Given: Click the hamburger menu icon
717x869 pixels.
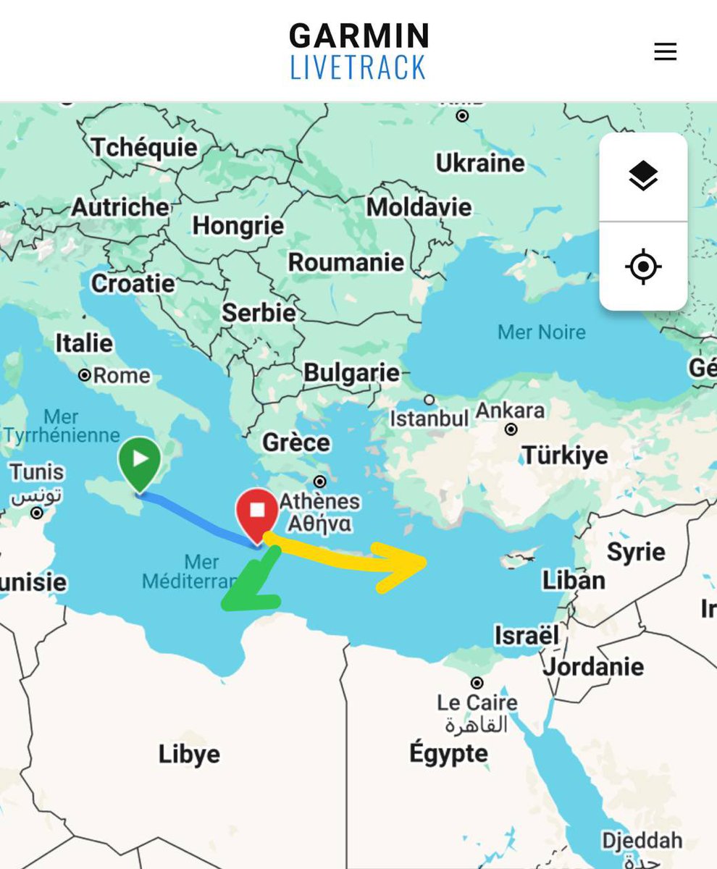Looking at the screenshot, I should pyautogui.click(x=665, y=51).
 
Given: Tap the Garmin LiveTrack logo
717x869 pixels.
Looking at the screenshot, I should pyautogui.click(x=358, y=51).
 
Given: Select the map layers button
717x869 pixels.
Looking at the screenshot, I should pyautogui.click(x=643, y=176).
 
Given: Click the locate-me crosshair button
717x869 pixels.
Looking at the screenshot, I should pyautogui.click(x=643, y=267).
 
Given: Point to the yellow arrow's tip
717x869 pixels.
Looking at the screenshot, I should pyautogui.click(x=424, y=561).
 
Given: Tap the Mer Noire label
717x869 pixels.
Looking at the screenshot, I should pyautogui.click(x=542, y=332).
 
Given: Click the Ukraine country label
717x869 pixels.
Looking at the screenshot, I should pyautogui.click(x=480, y=163).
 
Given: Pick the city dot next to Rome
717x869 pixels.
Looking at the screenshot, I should pyautogui.click(x=85, y=375).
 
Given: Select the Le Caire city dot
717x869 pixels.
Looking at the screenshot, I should pyautogui.click(x=477, y=683).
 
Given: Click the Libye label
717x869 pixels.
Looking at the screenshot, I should pyautogui.click(x=189, y=754).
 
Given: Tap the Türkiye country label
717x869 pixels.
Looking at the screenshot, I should pyautogui.click(x=566, y=456).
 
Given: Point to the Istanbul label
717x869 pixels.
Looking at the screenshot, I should pyautogui.click(x=429, y=419).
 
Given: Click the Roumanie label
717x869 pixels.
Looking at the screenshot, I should pyautogui.click(x=346, y=262).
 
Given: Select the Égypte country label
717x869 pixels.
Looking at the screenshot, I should pyautogui.click(x=448, y=754).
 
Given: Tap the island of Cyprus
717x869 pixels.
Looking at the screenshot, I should pyautogui.click(x=519, y=561).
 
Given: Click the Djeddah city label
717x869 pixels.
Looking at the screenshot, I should pyautogui.click(x=642, y=840).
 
